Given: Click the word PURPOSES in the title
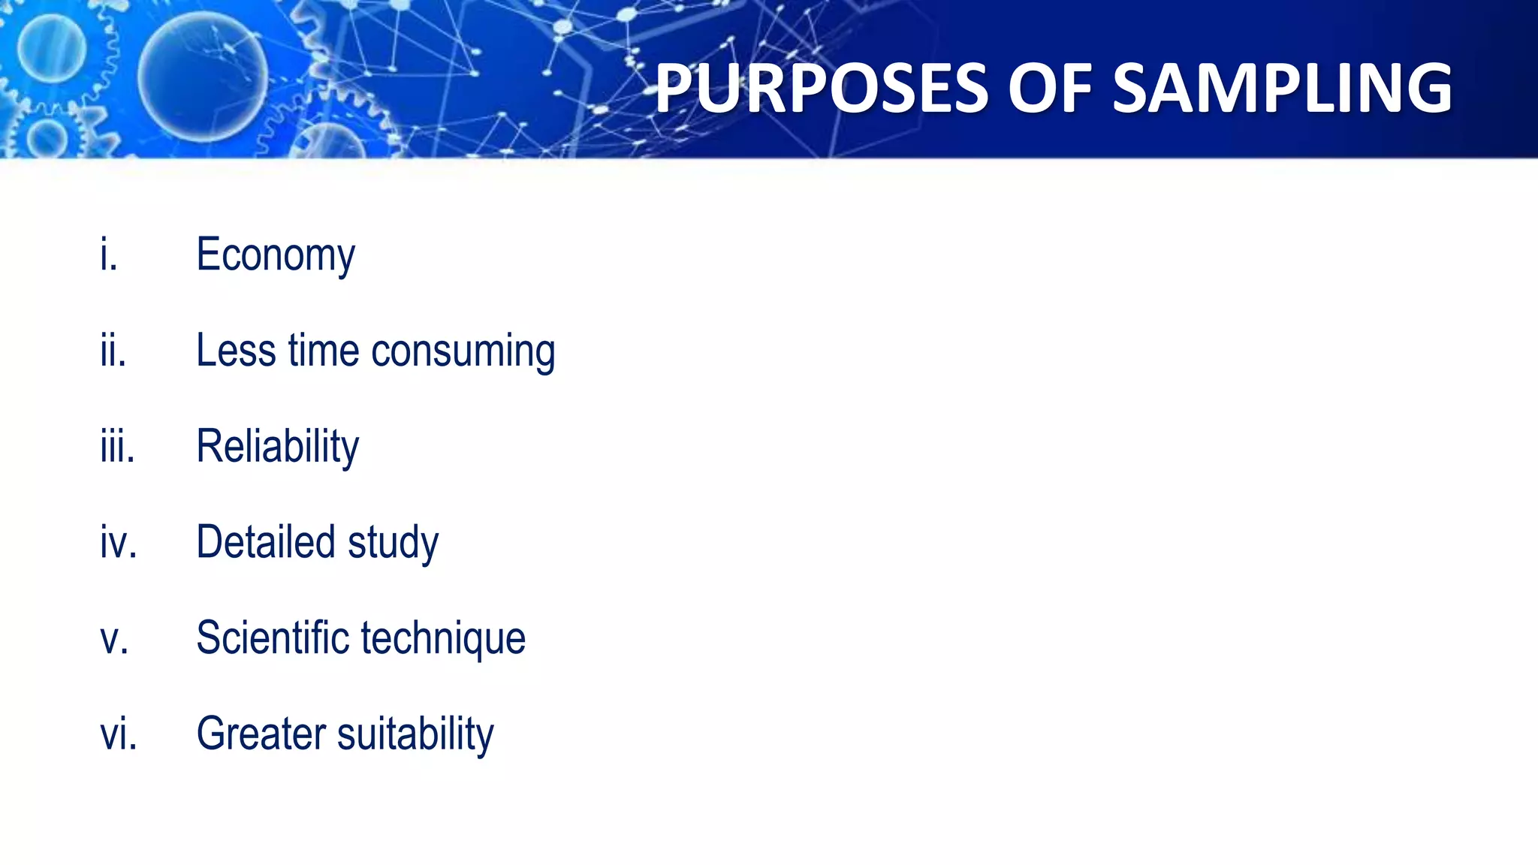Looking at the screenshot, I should (822, 89).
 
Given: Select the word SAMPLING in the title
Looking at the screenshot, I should (1282, 89).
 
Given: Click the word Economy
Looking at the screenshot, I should (276, 256).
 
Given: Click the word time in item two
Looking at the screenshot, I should (324, 351).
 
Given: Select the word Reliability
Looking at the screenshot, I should (277, 448).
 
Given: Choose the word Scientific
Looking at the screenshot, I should (273, 638).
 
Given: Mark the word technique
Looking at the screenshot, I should (443, 640).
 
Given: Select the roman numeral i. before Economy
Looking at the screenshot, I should (109, 255).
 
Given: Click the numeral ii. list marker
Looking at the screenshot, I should (113, 351).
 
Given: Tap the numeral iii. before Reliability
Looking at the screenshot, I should (117, 447).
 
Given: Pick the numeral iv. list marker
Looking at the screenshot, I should (119, 542).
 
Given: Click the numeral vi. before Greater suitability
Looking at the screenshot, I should (119, 734).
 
